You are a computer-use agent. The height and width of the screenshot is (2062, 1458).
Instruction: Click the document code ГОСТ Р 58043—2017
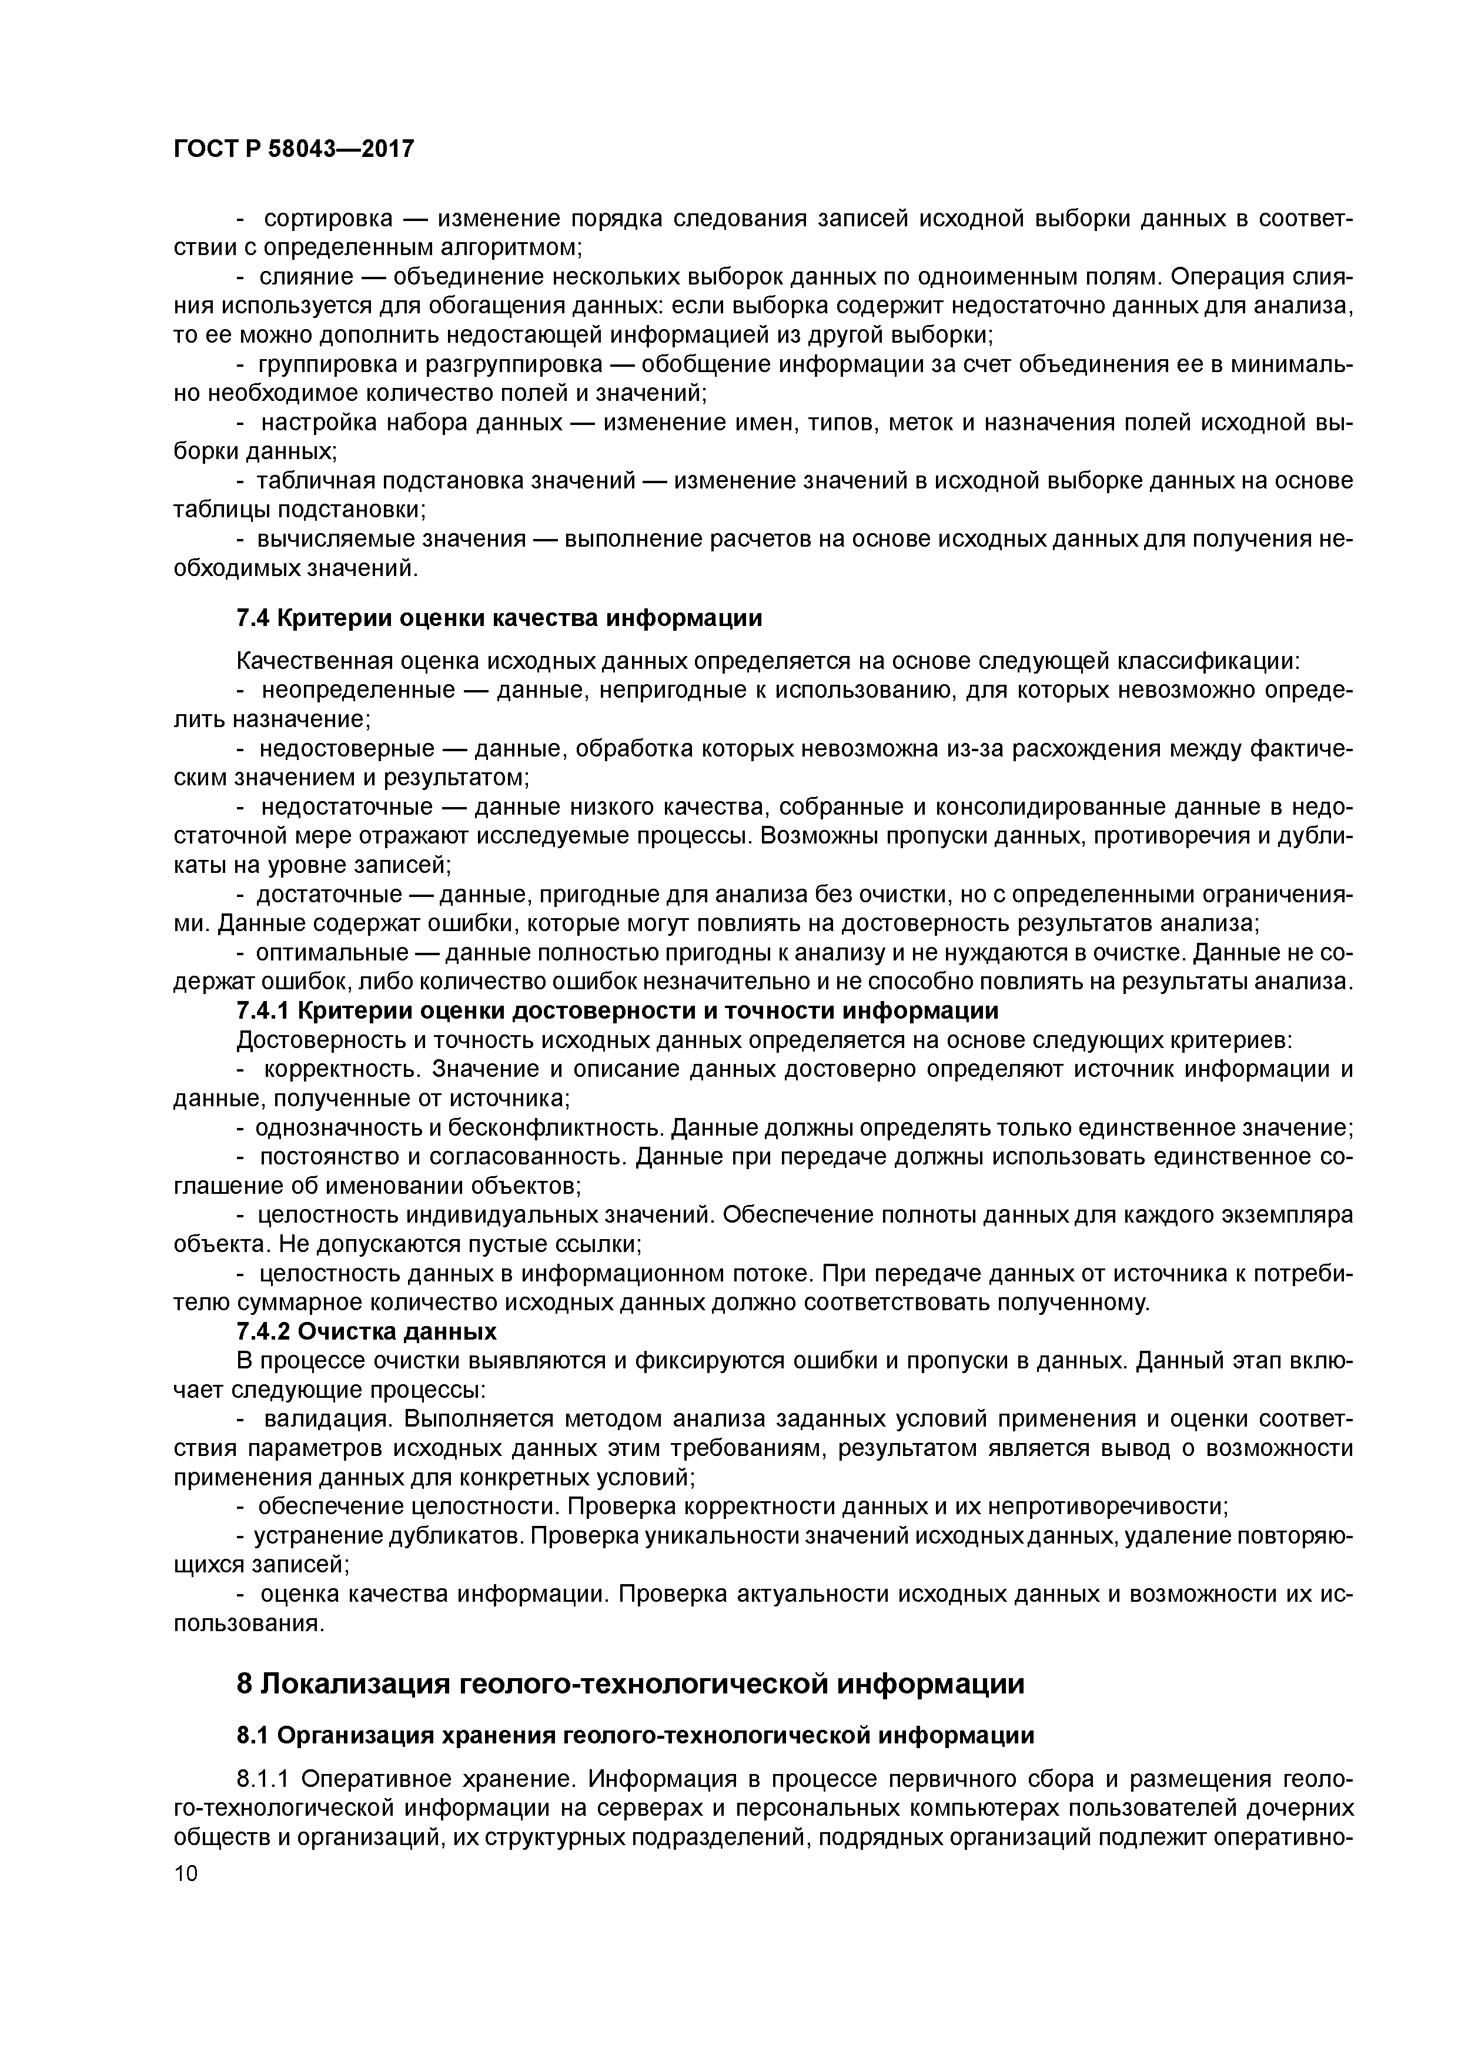click(294, 148)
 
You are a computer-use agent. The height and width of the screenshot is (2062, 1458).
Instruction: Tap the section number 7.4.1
click(262, 1010)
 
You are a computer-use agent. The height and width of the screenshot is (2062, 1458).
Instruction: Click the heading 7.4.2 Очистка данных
click(366, 1330)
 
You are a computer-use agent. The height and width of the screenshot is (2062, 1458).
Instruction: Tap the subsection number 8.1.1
click(265, 1779)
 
